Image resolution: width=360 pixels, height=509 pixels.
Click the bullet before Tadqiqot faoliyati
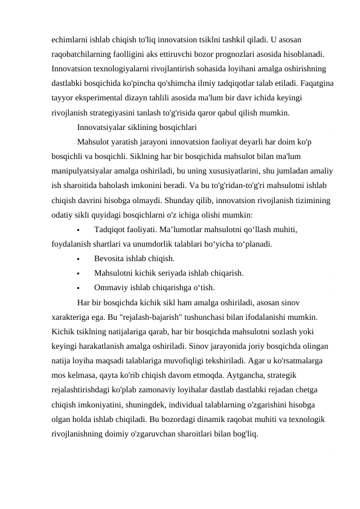coord(80,230)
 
